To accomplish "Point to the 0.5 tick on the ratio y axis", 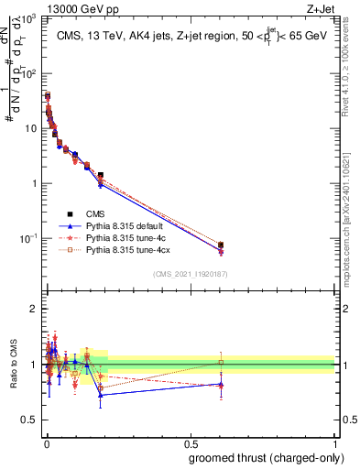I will click(31, 420).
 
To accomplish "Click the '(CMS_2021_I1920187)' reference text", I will click(190, 274).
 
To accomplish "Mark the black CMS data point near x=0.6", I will click(221, 245).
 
